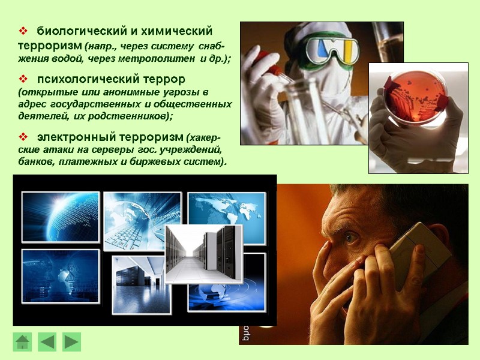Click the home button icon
[22, 342]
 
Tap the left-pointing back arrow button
[47, 342]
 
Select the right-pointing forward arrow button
[72, 342]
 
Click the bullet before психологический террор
[24, 79]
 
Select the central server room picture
[203, 253]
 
